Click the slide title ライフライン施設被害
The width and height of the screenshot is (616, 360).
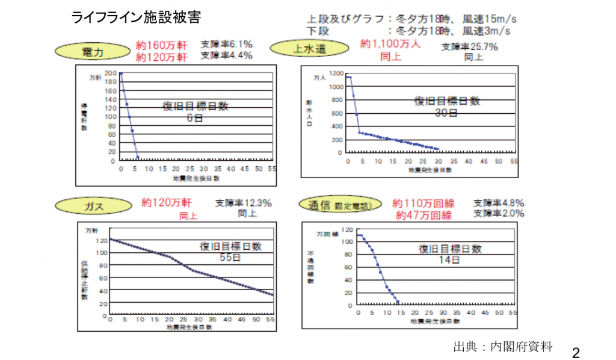[x=137, y=17]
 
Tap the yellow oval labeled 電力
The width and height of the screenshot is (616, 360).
[x=93, y=52]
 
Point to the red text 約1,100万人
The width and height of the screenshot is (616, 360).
[x=390, y=44]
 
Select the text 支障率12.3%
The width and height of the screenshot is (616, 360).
[x=244, y=203]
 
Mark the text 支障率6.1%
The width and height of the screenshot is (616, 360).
[x=226, y=45]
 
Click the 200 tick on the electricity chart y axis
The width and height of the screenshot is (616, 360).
[x=110, y=73]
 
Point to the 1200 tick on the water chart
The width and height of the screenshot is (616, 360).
[x=336, y=74]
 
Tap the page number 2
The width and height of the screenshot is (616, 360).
[x=576, y=352]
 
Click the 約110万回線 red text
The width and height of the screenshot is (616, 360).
[x=423, y=203]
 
